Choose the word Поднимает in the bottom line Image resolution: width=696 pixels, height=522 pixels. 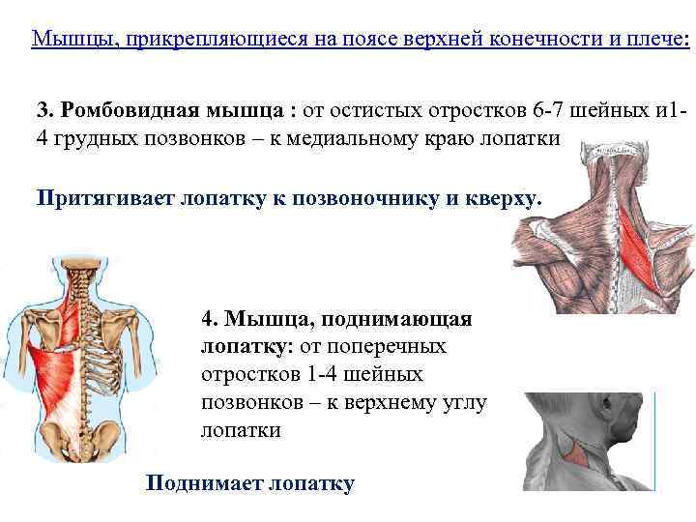(198, 483)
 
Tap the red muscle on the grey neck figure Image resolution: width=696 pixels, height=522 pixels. (578, 450)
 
